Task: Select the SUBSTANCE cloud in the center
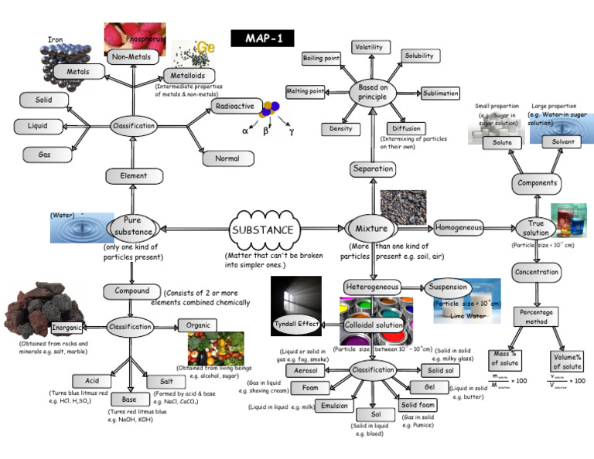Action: (x=263, y=229)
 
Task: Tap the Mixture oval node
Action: (x=372, y=229)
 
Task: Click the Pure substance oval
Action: (x=132, y=226)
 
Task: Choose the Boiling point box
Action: (x=323, y=59)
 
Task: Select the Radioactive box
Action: (x=234, y=106)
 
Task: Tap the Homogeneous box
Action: (x=459, y=228)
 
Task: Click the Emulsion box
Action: (x=335, y=405)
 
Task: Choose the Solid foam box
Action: (x=418, y=404)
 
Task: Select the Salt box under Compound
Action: (x=166, y=382)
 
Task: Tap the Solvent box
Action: (x=557, y=142)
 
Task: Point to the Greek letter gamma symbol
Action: (x=291, y=131)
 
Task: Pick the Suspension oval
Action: (x=449, y=287)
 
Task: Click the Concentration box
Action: (x=537, y=272)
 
